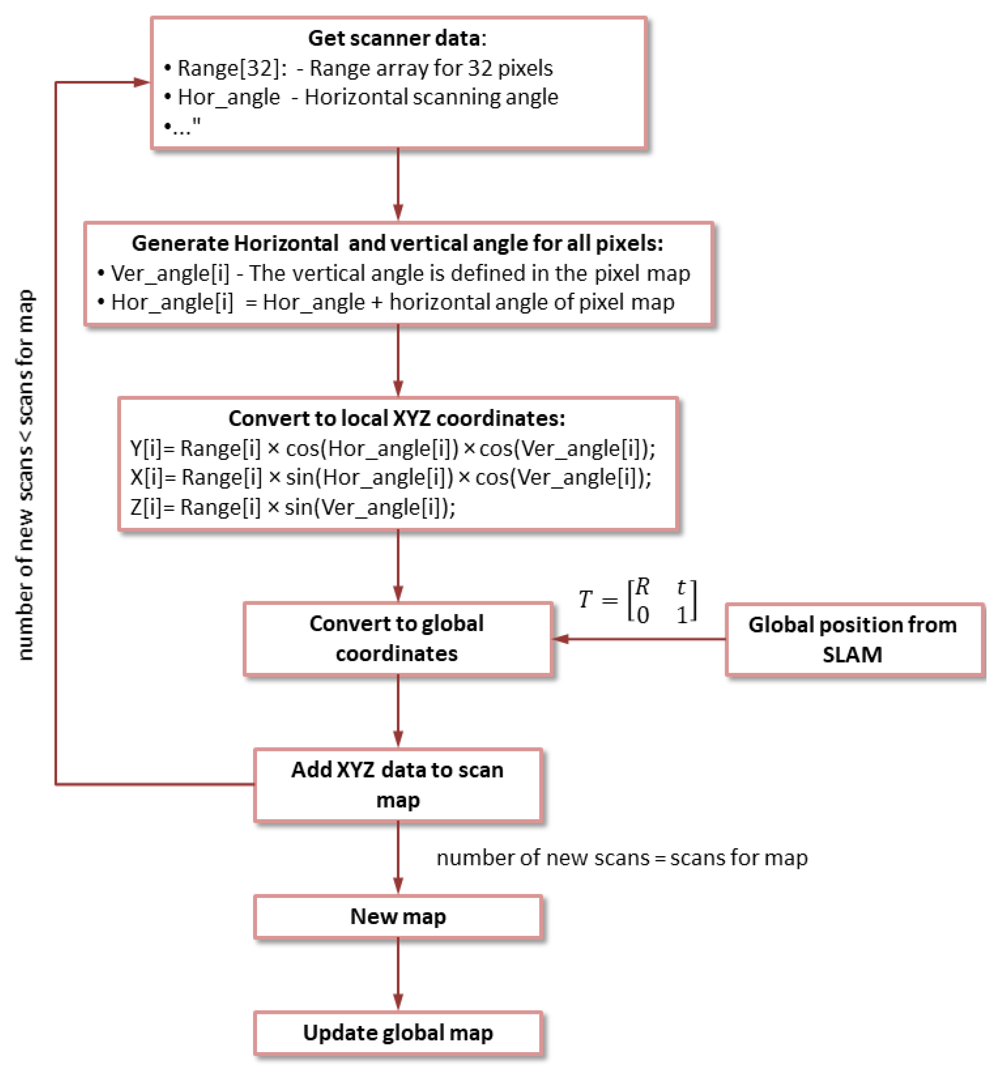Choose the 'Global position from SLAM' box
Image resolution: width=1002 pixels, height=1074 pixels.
pyautogui.click(x=853, y=639)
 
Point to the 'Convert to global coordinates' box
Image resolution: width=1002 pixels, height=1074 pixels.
pyautogui.click(x=397, y=639)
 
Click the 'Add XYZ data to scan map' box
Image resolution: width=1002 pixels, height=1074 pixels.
pyautogui.click(x=398, y=784)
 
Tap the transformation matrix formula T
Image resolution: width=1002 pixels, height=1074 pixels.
pyautogui.click(x=637, y=600)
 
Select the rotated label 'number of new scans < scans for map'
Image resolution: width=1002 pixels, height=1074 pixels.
pyautogui.click(x=25, y=475)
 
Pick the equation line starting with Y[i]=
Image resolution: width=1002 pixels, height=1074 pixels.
pyautogui.click(x=393, y=448)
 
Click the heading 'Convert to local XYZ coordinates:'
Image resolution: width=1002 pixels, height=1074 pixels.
pyautogui.click(x=397, y=418)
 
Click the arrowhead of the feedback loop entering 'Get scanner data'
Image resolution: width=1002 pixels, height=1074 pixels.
pyautogui.click(x=142, y=82)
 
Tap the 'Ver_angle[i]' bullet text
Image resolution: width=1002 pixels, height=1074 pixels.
pyautogui.click(x=170, y=273)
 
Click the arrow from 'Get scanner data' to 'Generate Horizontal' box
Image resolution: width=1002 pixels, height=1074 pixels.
pyautogui.click(x=398, y=184)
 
